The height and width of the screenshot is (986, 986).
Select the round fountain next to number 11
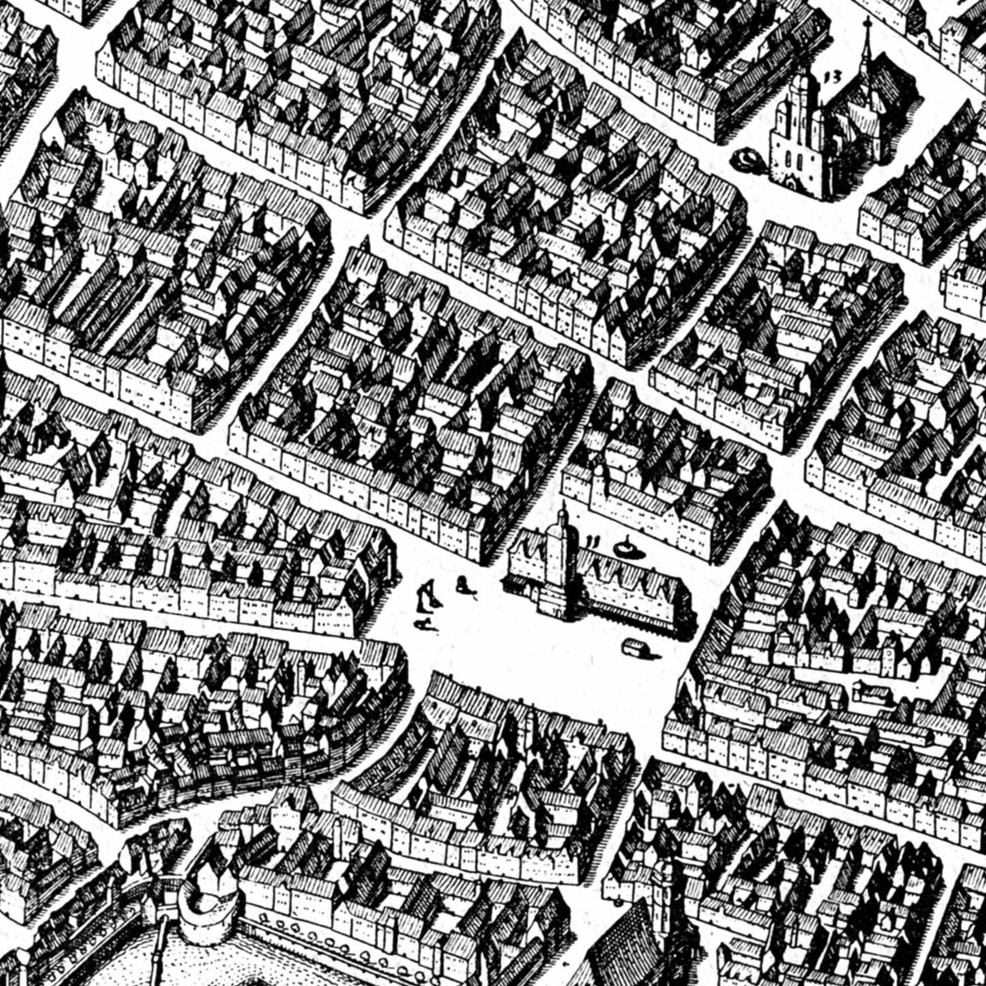pyautogui.click(x=624, y=547)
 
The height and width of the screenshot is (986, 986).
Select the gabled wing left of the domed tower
pyautogui.click(x=527, y=556)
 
